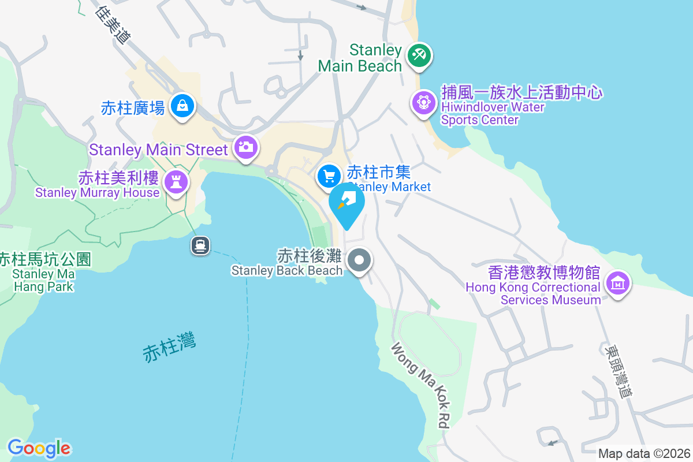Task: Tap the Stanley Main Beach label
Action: [360, 58]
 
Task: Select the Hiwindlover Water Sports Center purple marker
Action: [423, 103]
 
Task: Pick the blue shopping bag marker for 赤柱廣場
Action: [182, 106]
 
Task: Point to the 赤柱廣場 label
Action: [133, 107]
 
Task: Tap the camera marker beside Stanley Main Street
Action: [245, 147]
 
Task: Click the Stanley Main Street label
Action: [158, 150]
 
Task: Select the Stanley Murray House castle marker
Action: [175, 182]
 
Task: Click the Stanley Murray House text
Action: [96, 185]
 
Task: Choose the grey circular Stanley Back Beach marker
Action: [360, 260]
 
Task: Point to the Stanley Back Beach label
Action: [286, 263]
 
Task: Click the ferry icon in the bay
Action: [200, 245]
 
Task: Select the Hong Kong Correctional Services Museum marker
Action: [617, 283]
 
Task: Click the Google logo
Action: [39, 448]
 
